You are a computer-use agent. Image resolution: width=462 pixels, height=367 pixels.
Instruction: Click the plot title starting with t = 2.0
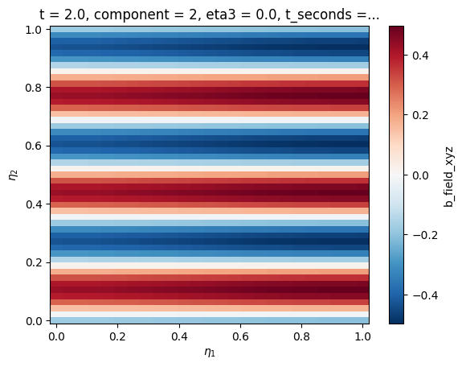pos(209,14)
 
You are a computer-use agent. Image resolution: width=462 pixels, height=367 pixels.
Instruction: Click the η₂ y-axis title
pos(14,175)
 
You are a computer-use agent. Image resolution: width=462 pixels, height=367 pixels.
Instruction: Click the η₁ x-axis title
pos(210,352)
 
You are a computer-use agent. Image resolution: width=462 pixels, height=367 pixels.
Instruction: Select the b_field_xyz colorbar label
pos(448,175)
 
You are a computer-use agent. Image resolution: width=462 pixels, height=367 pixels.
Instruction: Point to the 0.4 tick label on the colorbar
pos(420,56)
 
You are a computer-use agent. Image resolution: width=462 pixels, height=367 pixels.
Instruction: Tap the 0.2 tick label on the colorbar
pos(420,115)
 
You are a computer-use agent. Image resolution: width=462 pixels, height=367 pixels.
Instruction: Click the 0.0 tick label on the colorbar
pos(420,175)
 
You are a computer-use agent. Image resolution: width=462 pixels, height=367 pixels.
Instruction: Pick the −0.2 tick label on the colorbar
pos(425,235)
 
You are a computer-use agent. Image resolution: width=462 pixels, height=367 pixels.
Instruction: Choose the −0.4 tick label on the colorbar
pos(425,295)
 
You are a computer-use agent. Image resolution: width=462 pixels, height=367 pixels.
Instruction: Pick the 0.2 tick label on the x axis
pos(117,336)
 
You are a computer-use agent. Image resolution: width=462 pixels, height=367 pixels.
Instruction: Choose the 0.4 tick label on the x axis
pos(179,336)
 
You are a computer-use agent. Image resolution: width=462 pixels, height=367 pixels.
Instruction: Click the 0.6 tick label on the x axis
pos(240,336)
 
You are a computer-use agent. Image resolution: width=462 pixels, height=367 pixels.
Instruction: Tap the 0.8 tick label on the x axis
pos(302,336)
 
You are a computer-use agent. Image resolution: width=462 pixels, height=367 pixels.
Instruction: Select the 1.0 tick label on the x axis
pos(363,336)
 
